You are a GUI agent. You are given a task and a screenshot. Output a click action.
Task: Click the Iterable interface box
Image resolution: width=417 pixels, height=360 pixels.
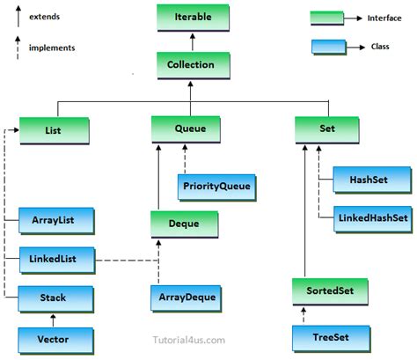[193, 17]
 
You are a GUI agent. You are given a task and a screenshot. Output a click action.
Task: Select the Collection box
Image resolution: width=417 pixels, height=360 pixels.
[193, 64]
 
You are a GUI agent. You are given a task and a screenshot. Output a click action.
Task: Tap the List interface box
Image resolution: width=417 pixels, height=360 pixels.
[53, 130]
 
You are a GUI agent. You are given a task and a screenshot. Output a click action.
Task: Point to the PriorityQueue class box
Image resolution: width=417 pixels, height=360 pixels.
[215, 187]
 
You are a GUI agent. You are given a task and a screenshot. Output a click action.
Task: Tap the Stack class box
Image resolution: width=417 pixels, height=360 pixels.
[53, 298]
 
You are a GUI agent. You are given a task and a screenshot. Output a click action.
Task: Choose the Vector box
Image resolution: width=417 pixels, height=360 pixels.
[53, 338]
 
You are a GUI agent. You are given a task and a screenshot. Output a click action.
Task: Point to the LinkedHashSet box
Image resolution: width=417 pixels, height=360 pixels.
[371, 217]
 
